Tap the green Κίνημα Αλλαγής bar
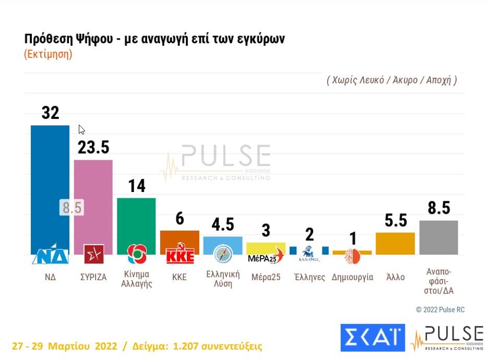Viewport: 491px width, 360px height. click(136, 219)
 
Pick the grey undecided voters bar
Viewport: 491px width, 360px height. click(439, 237)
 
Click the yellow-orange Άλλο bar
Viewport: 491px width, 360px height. click(395, 243)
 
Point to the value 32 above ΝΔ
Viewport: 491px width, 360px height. click(50, 113)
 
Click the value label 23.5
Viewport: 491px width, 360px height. click(93, 148)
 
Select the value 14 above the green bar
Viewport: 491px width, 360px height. click(137, 186)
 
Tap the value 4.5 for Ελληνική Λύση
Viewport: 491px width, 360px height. click(222, 224)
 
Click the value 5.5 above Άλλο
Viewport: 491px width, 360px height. click(395, 221)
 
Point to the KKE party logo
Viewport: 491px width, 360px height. click(179, 255)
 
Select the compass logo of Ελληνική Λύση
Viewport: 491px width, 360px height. click(222, 254)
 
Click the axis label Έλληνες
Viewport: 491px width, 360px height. click(309, 277)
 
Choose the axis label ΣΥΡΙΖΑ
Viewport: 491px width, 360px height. click(93, 277)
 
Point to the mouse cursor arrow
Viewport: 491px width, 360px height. click(81, 129)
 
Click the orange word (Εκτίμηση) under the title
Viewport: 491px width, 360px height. click(48, 55)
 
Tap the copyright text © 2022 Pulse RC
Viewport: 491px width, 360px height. click(440, 309)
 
